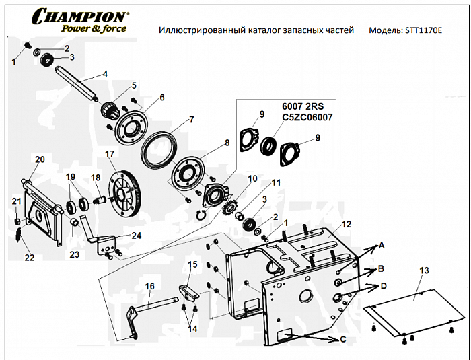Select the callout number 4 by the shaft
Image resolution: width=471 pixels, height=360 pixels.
pyautogui.click(x=105, y=74)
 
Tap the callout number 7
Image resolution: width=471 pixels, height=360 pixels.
pyautogui.click(x=191, y=120)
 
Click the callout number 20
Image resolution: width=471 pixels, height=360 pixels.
pyautogui.click(x=40, y=159)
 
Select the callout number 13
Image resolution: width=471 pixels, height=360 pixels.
pyautogui.click(x=423, y=270)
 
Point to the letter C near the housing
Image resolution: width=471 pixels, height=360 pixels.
pyautogui.click(x=343, y=340)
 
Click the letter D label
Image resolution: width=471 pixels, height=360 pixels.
pyautogui.click(x=383, y=286)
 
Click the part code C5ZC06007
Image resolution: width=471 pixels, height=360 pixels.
pyautogui.click(x=307, y=117)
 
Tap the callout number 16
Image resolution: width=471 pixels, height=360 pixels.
pyautogui.click(x=149, y=286)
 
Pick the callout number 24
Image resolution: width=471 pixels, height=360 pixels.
pyautogui.click(x=137, y=236)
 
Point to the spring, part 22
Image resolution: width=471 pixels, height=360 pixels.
pyautogui.click(x=21, y=234)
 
